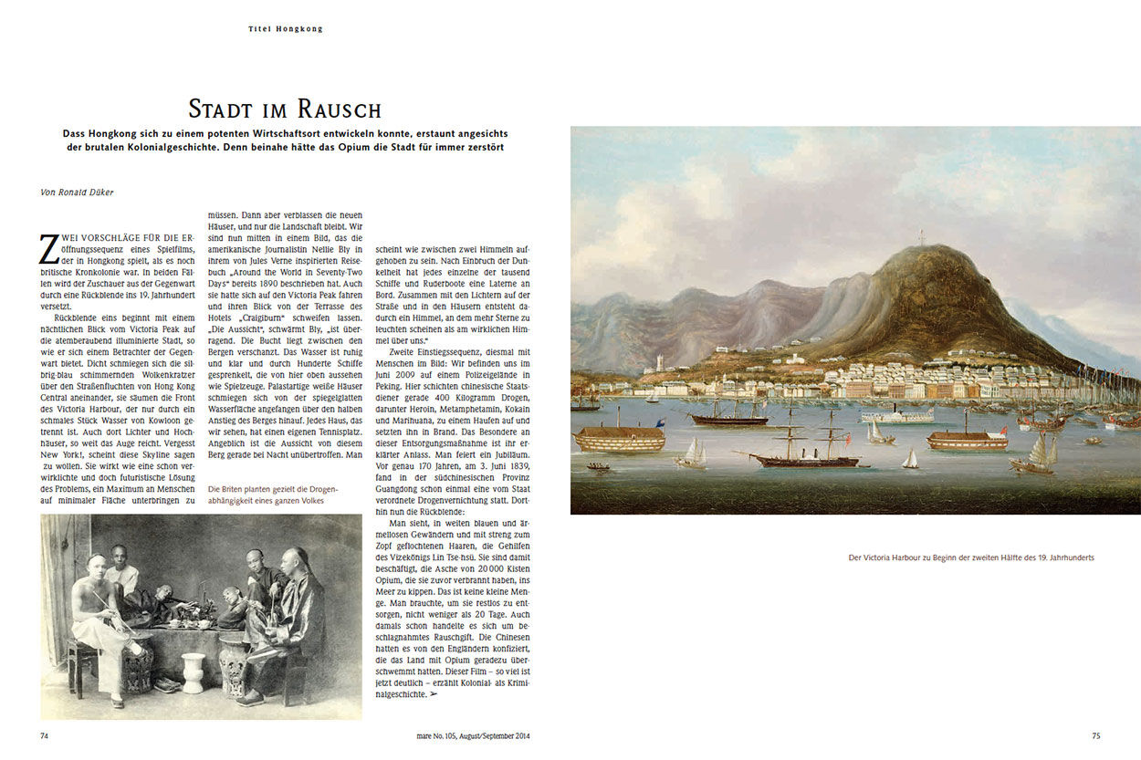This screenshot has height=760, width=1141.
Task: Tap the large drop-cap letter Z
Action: (x=49, y=248)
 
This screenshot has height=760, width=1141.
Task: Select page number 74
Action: (x=45, y=735)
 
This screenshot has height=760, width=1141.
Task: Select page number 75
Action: (x=1096, y=735)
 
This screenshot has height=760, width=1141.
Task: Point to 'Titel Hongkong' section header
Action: (x=285, y=29)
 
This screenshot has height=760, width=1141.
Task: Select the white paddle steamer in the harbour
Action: (x=896, y=416)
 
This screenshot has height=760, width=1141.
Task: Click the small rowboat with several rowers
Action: (x=598, y=466)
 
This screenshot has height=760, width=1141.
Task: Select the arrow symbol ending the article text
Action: (x=433, y=695)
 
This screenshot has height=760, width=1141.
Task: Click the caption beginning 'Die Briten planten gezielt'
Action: (x=272, y=494)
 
